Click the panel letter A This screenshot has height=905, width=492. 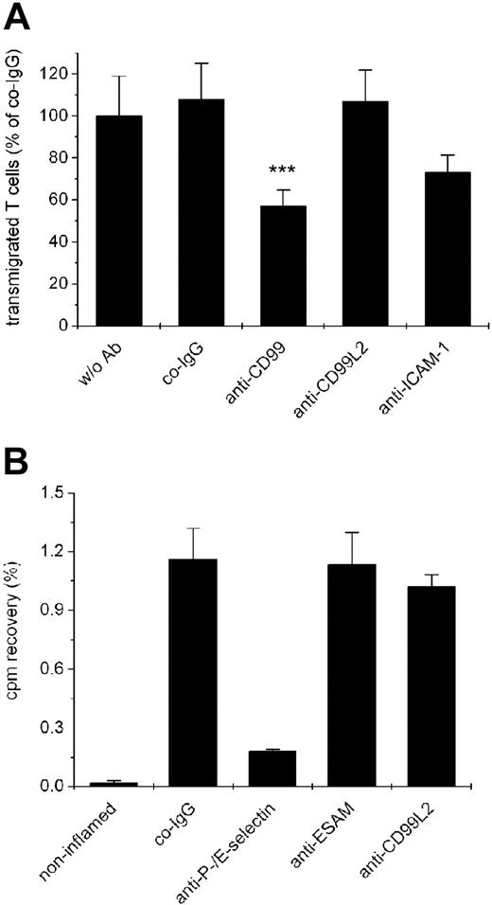(20, 17)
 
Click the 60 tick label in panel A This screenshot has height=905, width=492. (62, 200)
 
